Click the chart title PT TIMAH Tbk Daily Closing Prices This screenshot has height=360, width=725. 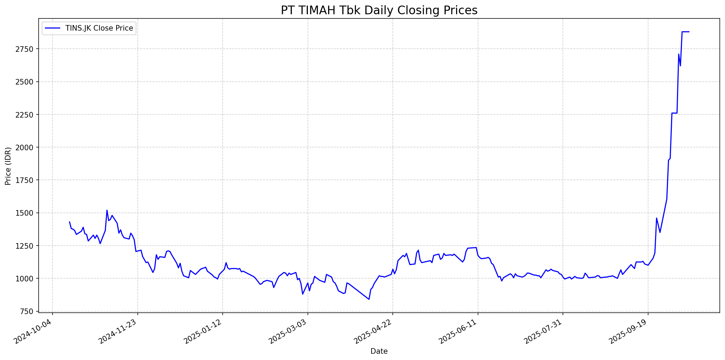click(379, 10)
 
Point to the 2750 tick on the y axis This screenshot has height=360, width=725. click(26, 49)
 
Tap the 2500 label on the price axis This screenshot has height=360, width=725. click(26, 82)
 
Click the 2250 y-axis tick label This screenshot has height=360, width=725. click(26, 115)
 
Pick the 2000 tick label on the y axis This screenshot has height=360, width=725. click(26, 147)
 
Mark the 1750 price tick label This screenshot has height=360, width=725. click(26, 180)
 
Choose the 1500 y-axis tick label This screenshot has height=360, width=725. click(26, 213)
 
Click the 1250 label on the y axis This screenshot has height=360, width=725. click(26, 246)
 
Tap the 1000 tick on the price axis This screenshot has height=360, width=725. click(26, 279)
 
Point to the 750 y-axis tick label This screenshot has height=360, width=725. click(29, 311)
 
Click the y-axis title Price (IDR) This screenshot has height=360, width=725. click(8, 166)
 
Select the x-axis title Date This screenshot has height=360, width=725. click(379, 351)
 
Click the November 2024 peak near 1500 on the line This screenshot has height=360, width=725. click(107, 210)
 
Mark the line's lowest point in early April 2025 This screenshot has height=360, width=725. click(369, 299)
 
